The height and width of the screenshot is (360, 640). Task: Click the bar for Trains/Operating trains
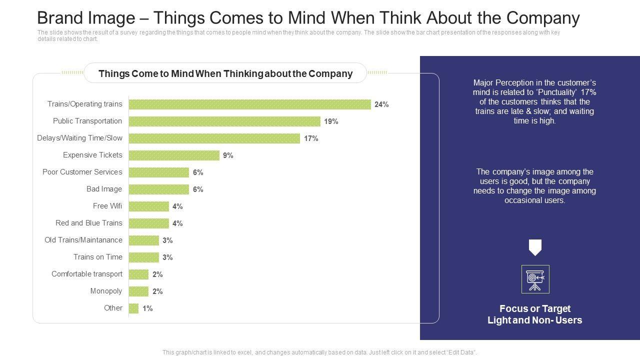(249, 104)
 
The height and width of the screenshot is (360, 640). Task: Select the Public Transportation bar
(224, 121)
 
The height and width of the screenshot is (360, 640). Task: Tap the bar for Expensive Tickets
(174, 155)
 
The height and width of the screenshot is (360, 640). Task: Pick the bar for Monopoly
(138, 291)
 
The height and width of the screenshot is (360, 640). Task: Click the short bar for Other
(133, 308)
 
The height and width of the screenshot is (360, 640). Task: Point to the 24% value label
(381, 104)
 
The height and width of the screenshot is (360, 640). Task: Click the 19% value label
(331, 121)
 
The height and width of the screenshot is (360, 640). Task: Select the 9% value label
(228, 155)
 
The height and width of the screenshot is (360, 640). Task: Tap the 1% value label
(147, 308)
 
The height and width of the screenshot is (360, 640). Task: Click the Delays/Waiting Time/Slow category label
(79, 138)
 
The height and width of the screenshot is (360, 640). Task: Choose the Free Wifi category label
(107, 206)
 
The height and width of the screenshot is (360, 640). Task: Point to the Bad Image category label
(104, 189)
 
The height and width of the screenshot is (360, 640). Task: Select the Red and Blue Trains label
(88, 223)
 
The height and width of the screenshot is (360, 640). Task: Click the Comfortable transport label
(87, 274)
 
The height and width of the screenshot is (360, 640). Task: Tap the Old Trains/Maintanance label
(83, 240)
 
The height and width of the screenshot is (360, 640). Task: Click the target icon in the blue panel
(535, 279)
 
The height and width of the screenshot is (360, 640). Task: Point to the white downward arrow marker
(535, 247)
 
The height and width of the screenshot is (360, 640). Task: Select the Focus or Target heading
(534, 308)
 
